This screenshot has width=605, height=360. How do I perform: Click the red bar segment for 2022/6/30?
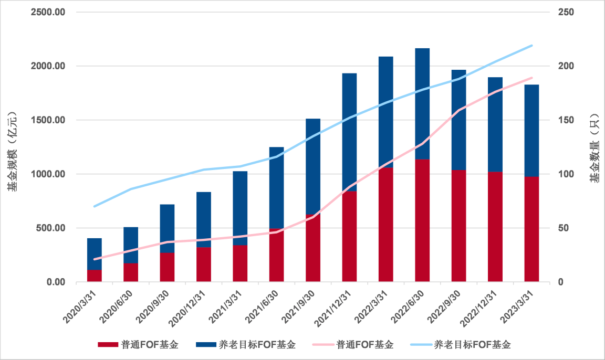click(422, 220)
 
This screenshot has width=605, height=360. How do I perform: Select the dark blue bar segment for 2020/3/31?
click(95, 253)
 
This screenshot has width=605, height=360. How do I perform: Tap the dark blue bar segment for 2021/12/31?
click(349, 131)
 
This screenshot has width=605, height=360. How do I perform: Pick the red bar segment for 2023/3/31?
click(531, 229)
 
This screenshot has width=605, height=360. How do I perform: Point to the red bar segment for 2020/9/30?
click(167, 267)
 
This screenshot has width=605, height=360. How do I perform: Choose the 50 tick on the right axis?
click(562, 228)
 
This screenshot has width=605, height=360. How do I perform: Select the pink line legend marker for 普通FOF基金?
click(322, 345)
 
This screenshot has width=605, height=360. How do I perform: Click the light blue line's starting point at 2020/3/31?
click(95, 206)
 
